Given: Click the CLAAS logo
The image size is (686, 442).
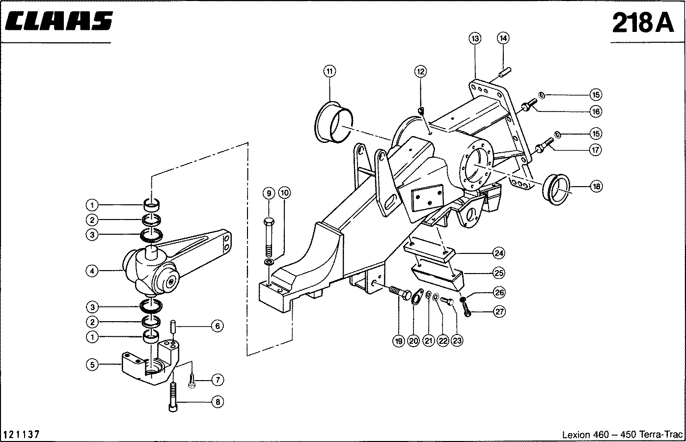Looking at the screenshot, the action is [59, 21].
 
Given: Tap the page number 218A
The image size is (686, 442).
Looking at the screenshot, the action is [643, 23].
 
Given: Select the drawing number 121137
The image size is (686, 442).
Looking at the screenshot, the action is [22, 434].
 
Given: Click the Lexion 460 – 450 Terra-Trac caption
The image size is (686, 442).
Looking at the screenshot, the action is [622, 434].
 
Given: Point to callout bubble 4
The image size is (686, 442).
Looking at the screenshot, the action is [92, 271].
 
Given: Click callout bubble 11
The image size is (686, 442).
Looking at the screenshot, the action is [329, 72].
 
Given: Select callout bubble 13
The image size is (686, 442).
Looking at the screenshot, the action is [475, 39].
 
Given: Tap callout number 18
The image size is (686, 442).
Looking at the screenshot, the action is [596, 186].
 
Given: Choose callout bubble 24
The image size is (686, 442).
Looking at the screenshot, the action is [499, 253].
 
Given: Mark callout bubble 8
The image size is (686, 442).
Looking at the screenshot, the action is [218, 402].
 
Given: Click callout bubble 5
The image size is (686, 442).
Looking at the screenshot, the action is [92, 365].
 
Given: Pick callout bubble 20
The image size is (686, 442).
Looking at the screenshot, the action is [413, 341].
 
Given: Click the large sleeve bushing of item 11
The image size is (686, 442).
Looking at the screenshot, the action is [334, 122].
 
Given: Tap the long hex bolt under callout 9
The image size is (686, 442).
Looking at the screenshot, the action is [269, 238].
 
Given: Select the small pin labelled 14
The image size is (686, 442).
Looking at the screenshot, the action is [505, 73].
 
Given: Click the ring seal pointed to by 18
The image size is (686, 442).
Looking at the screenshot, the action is [556, 189].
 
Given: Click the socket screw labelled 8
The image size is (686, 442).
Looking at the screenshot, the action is [173, 397].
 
